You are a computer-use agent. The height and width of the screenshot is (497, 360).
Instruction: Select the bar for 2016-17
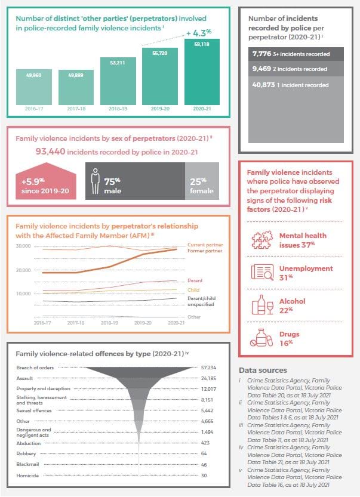33,87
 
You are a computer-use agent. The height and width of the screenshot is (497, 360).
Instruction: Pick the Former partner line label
204,251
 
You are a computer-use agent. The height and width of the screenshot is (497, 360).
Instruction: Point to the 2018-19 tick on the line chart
109,322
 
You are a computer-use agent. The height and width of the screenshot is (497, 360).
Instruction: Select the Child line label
193,290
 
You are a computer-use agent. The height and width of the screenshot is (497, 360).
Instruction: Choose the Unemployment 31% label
306,273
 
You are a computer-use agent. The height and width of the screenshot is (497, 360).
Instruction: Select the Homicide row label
27,475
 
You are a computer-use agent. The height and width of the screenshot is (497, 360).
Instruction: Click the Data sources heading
263,370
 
